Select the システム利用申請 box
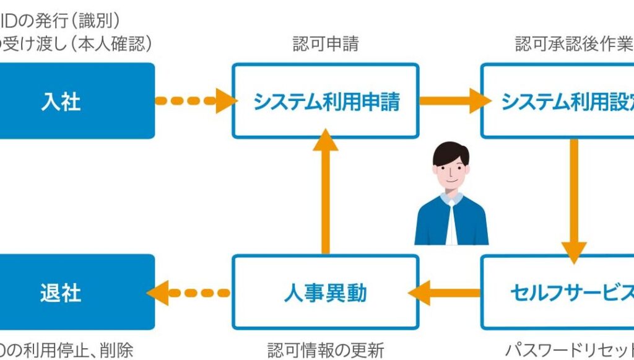pos(326,100)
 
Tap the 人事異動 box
pos(326,292)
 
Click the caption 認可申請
pos(326,44)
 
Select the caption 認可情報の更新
pos(326,349)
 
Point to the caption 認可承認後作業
pos(573,44)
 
